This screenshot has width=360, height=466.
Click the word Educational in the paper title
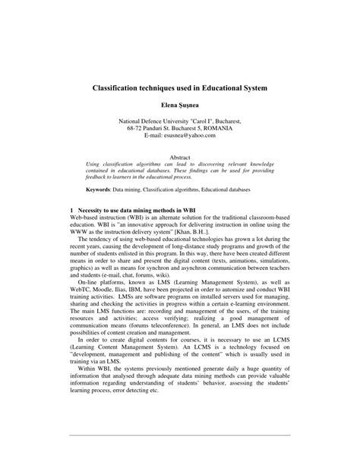point(219,88)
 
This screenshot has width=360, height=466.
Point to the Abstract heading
point(180,158)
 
